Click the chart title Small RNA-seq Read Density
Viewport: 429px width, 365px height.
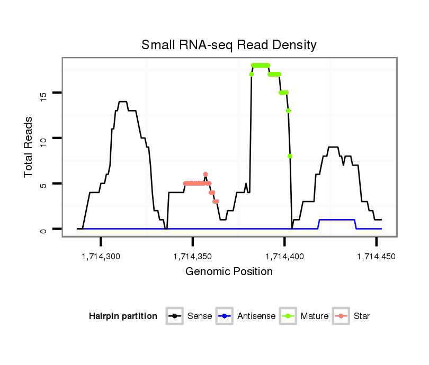(x=229, y=45)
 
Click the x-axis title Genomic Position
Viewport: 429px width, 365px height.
(x=229, y=272)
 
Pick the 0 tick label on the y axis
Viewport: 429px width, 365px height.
(x=43, y=229)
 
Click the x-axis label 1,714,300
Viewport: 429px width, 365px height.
(x=101, y=257)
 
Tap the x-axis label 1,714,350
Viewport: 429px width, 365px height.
(x=192, y=257)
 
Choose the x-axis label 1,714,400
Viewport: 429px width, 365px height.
(x=284, y=257)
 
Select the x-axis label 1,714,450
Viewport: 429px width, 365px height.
(x=376, y=257)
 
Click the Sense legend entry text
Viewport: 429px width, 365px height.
(x=200, y=316)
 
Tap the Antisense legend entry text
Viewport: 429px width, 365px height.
(x=256, y=316)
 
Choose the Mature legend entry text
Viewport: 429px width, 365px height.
(x=315, y=316)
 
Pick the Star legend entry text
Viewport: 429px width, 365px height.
(x=363, y=316)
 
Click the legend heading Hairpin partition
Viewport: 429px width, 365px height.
(x=123, y=316)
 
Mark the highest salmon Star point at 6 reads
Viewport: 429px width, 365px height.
(x=205, y=174)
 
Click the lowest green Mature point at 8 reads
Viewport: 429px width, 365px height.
(x=290, y=156)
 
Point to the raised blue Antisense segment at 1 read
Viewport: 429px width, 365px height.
(x=336, y=220)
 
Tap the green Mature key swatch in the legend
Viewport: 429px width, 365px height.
(x=288, y=316)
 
